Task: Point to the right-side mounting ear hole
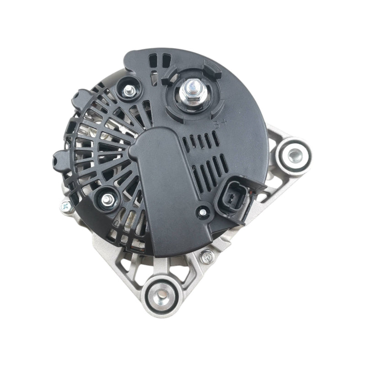click(293, 155)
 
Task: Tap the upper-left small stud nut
click(129, 90)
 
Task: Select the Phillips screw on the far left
click(65, 206)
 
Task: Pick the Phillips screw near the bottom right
click(207, 257)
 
